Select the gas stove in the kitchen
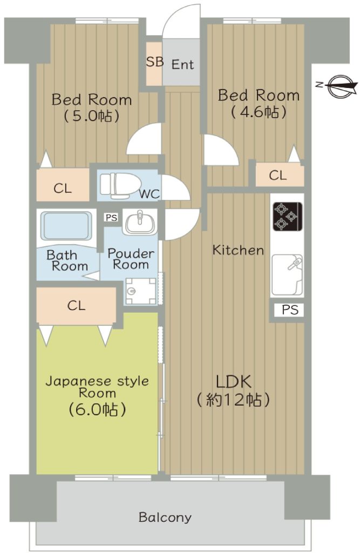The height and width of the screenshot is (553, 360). coord(287,216)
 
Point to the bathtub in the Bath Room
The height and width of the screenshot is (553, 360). coord(66,226)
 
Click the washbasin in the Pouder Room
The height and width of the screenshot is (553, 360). coord(140,222)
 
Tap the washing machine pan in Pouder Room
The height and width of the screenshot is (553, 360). coord(141,291)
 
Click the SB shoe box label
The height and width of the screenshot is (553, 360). coord(155,62)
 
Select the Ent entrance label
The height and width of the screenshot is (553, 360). coord(182,65)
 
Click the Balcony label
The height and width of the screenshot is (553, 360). coord(165,517)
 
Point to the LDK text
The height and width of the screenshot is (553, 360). coord(233,382)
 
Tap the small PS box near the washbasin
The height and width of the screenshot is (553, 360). coord(111,218)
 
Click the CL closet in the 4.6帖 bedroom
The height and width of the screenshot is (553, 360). coord(278,176)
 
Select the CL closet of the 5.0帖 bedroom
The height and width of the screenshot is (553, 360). coord(63,188)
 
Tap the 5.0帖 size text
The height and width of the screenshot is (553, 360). coord(91,116)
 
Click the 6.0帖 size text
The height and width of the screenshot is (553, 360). coord(97,409)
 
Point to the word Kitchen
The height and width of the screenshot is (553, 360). coord(238,250)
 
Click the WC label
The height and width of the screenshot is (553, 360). coord(150,194)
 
